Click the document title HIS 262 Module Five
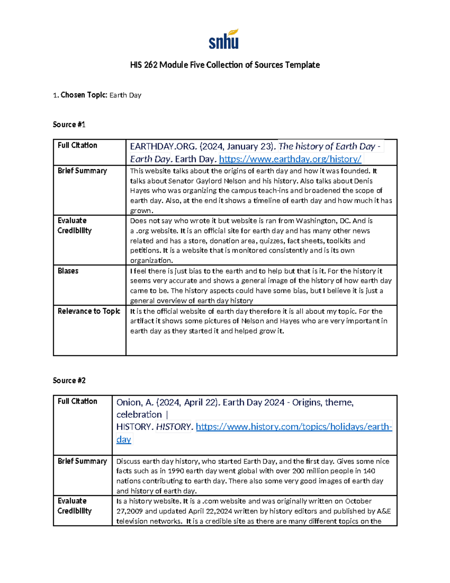click(225, 65)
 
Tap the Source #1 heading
click(69, 125)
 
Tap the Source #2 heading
click(69, 381)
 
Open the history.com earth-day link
click(294, 427)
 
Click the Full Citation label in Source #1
click(77, 145)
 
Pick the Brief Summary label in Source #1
click(82, 171)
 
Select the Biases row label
click(68, 271)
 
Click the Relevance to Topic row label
click(89, 311)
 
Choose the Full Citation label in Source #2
click(77, 401)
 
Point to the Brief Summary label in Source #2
click(82, 461)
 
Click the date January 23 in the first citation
click(251, 146)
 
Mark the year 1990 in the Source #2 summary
click(176, 471)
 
